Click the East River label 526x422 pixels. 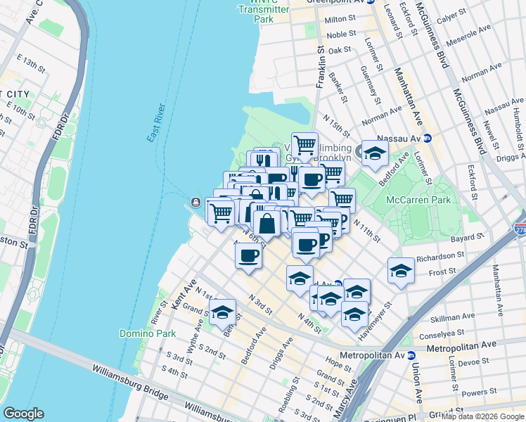click(x=156, y=122)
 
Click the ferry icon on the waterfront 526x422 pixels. click(x=194, y=204)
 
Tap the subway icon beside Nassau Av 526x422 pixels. click(x=427, y=139)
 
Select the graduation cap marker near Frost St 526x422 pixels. click(x=401, y=270)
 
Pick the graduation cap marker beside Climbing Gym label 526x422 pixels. click(x=376, y=153)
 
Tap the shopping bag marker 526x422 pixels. click(x=267, y=224)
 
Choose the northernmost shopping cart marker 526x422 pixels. click(x=304, y=146)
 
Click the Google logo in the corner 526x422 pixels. click(x=23, y=414)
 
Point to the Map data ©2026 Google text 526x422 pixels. click(x=482, y=416)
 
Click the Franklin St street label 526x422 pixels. click(x=321, y=67)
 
